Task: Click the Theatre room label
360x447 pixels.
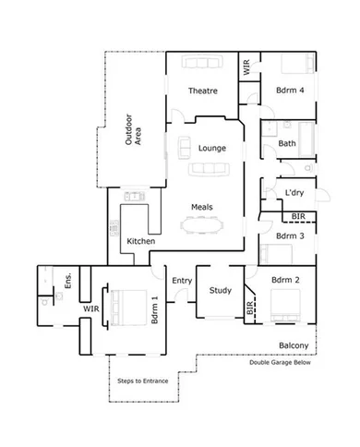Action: point(202,91)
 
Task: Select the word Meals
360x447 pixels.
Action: point(203,206)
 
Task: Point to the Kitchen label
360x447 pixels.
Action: point(140,241)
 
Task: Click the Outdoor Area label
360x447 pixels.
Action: point(136,130)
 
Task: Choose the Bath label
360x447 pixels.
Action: point(286,143)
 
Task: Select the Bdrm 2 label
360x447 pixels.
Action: point(286,279)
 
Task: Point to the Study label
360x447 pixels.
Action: point(220,291)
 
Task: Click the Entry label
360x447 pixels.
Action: point(182,281)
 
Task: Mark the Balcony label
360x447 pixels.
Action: point(293,346)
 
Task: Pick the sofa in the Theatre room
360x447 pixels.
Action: point(203,62)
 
